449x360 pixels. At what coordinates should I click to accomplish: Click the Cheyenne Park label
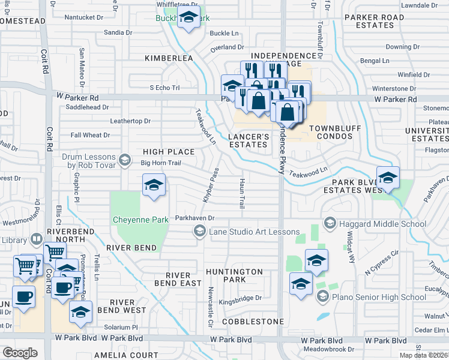[140, 220]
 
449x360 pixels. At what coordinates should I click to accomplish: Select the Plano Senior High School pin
[322, 297]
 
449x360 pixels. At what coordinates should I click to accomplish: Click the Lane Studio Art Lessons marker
[199, 231]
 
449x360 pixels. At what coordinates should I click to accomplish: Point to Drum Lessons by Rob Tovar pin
[125, 160]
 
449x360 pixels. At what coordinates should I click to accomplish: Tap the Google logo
[20, 352]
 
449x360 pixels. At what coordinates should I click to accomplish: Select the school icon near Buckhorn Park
[189, 19]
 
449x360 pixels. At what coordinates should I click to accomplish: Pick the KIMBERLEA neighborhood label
[169, 58]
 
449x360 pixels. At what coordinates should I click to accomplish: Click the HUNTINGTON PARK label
[234, 275]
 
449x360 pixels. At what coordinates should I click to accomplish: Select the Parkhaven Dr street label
[194, 218]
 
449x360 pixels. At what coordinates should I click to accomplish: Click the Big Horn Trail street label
[160, 163]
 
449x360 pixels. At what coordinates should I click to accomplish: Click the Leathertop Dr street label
[130, 121]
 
